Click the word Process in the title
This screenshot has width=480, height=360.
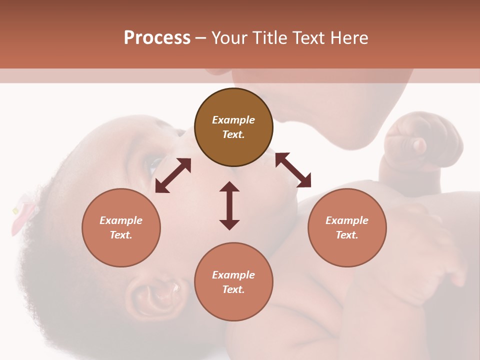click(157, 38)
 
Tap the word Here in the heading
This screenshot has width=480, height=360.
click(348, 38)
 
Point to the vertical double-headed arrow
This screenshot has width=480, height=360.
click(229, 205)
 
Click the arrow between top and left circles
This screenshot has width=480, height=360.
click(173, 175)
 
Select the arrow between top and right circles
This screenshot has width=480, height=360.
click(293, 170)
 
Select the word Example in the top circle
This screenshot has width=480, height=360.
click(233, 120)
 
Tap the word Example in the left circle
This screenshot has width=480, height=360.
click(121, 220)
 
